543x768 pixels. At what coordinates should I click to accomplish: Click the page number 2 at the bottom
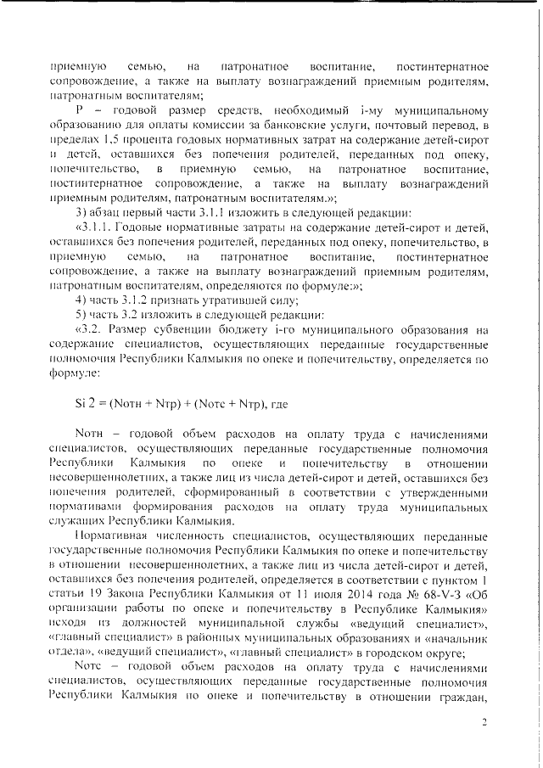[x=485, y=723]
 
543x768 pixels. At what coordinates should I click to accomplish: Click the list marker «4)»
[x=81, y=300]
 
